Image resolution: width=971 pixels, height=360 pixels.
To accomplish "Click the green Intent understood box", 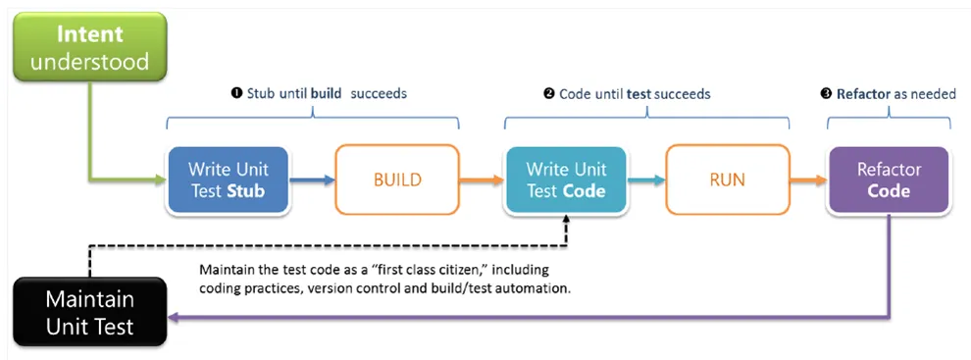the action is (x=90, y=46).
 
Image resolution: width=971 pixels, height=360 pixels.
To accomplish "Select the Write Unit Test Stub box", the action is (x=228, y=180).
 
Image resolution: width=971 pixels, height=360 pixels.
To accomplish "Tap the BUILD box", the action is (x=397, y=180).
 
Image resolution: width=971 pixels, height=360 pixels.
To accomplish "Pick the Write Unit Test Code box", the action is (x=565, y=180).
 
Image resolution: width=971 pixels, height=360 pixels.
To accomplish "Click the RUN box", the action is (x=728, y=180).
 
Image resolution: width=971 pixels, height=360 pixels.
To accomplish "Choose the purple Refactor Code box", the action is (x=889, y=180).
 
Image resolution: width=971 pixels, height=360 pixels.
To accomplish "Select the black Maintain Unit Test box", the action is (x=90, y=311).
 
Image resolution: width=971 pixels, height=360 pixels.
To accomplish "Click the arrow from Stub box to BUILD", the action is (x=312, y=180).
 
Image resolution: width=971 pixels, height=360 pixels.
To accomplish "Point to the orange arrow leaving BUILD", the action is (x=482, y=180).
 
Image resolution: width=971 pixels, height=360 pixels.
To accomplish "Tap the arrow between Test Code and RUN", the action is (x=646, y=180).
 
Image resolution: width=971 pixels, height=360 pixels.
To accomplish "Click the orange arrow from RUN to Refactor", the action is (x=809, y=180).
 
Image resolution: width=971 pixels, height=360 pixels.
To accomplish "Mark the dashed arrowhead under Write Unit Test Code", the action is (x=566, y=220).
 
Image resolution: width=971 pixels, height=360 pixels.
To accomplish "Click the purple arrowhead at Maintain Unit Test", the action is (x=173, y=317).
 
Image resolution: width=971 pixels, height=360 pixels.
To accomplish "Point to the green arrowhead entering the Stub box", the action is (x=161, y=180).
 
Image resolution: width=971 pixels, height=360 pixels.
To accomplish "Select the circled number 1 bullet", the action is (x=235, y=93).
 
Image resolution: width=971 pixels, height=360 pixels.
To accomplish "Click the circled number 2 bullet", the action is (x=548, y=93).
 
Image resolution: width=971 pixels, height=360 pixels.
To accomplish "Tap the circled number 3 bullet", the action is (x=825, y=93).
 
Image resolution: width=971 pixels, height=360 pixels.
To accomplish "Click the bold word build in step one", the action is (x=326, y=93).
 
